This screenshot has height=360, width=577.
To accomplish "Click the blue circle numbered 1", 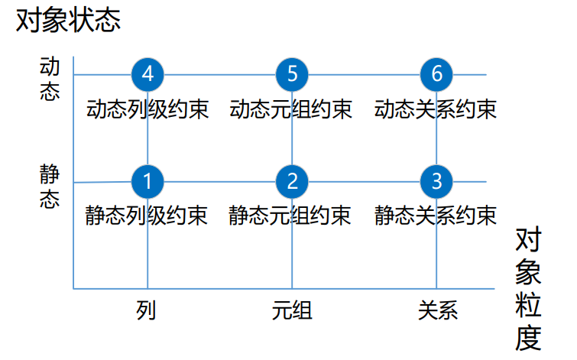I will [x=147, y=181].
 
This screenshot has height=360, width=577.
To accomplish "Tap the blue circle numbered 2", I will [x=292, y=181].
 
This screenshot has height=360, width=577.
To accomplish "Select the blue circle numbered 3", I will [x=436, y=181].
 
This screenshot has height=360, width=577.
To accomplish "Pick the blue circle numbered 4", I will [x=147, y=74].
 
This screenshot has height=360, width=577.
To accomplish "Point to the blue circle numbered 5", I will [x=292, y=74].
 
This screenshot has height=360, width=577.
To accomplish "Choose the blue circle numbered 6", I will [x=436, y=74].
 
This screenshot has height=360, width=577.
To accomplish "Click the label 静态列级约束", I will [x=147, y=216].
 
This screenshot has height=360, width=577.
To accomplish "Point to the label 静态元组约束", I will [x=291, y=216].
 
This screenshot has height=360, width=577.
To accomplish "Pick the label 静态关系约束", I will [x=436, y=216].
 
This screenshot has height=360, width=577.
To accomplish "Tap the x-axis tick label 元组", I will [x=292, y=310].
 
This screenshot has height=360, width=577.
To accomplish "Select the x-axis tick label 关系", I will [x=437, y=310].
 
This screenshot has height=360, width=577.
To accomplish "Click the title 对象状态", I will [x=69, y=21].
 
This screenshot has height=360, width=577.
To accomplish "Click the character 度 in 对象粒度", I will [x=528, y=337].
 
